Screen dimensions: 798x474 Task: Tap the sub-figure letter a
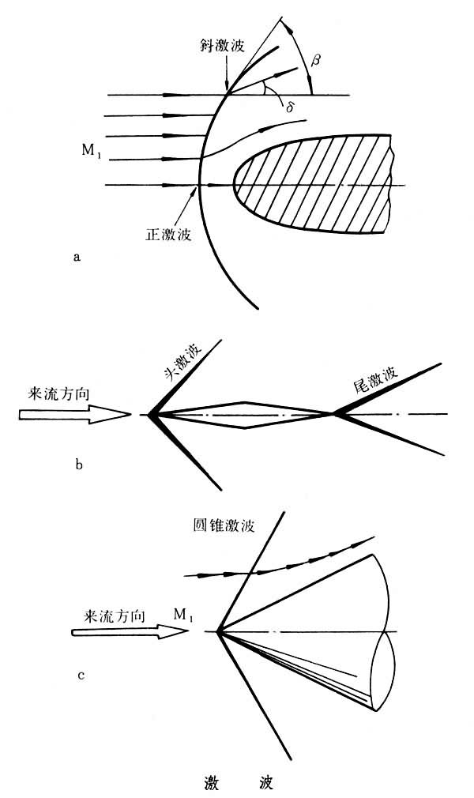point(76,256)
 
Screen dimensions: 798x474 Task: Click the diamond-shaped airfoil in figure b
point(245,413)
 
